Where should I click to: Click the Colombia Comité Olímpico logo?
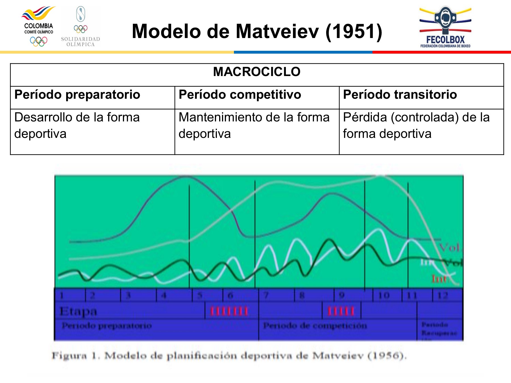(x=39, y=27)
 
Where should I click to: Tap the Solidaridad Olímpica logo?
(x=81, y=27)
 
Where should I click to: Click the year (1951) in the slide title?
(x=354, y=31)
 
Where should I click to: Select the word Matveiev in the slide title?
(x=277, y=31)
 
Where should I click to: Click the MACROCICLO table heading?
(x=257, y=72)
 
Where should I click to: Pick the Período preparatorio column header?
(x=77, y=94)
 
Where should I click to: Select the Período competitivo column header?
(x=240, y=94)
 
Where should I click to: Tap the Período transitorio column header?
(x=400, y=94)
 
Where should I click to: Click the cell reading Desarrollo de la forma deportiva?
(x=77, y=125)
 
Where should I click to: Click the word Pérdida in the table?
(x=365, y=117)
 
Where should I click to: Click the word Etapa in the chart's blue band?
(x=78, y=311)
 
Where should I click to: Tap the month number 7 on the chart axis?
(x=266, y=296)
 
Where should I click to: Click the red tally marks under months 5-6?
(x=229, y=311)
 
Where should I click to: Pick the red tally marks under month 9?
(x=341, y=311)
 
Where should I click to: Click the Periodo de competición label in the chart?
(x=315, y=325)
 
